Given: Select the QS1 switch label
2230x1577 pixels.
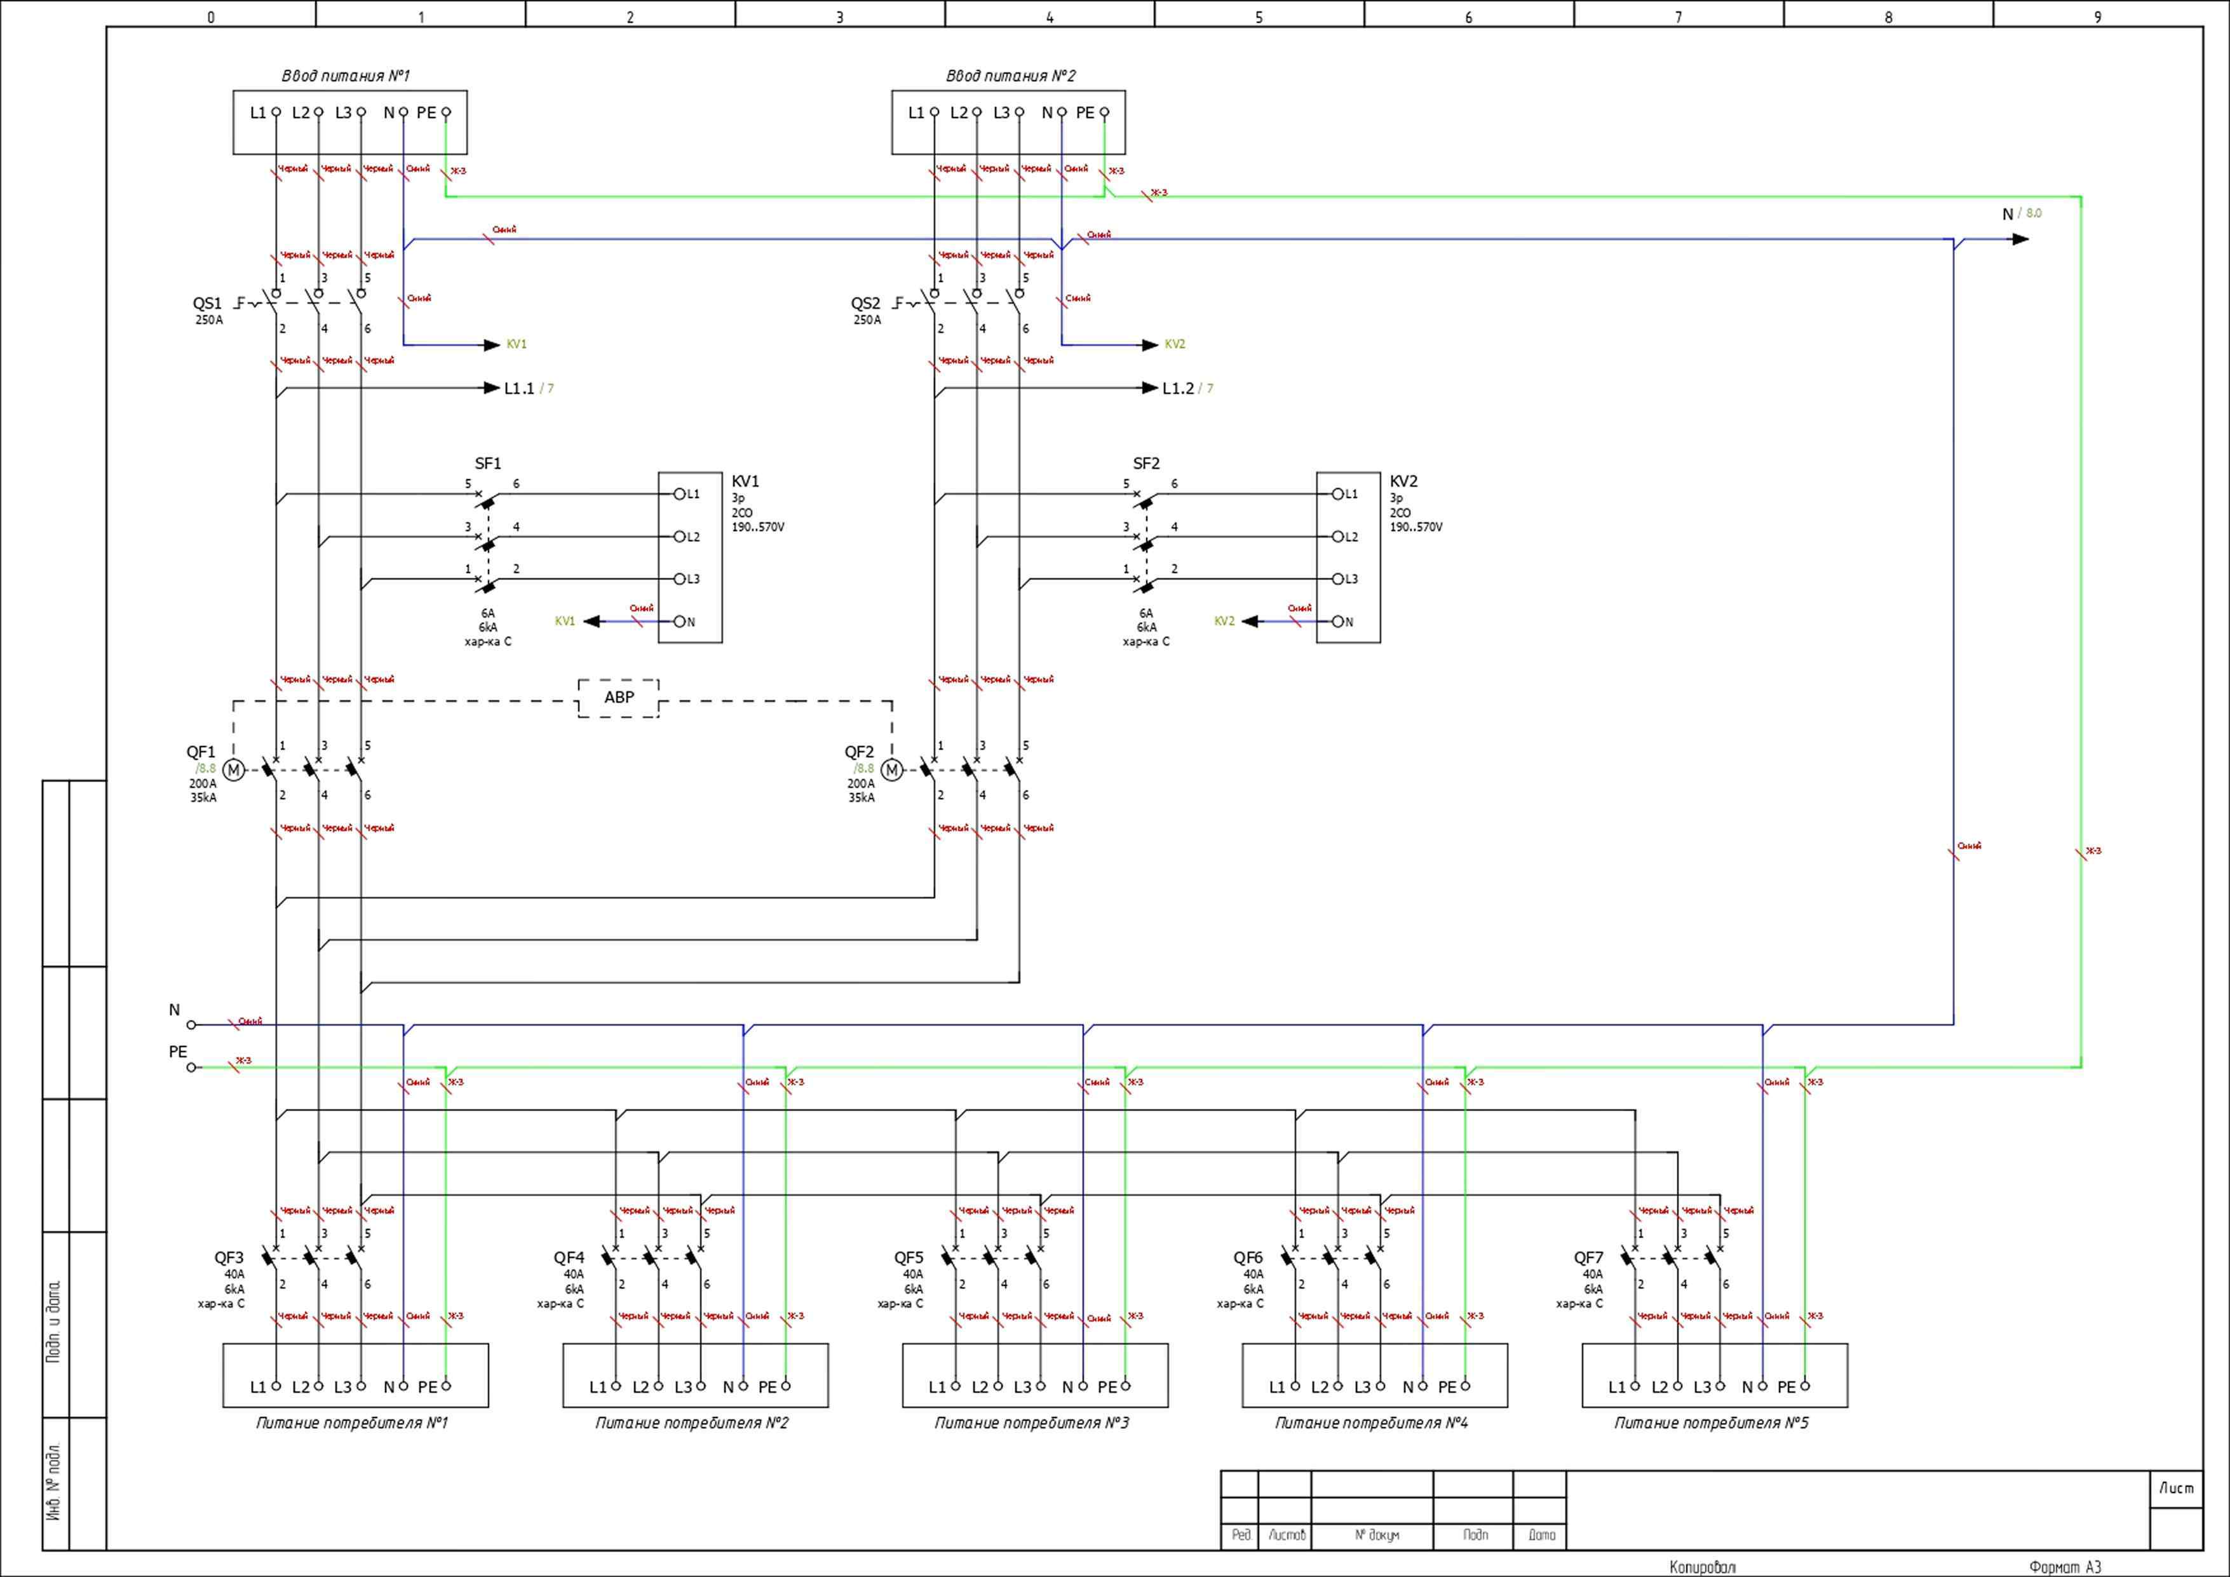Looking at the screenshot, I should pos(207,303).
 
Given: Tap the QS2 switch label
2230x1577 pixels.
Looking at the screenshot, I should pos(865,303).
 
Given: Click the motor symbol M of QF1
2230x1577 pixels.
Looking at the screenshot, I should pos(233,770).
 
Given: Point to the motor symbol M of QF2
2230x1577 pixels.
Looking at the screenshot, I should pos(891,770).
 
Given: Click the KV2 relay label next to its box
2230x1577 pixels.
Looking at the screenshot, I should pos(1403,482).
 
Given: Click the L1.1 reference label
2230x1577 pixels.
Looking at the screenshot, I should pos(520,388).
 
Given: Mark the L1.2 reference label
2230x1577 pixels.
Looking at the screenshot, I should pos(1178,388).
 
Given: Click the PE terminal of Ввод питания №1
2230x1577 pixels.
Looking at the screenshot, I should pos(446,112).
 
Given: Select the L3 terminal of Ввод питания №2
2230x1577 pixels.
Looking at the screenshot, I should pos(1019,112).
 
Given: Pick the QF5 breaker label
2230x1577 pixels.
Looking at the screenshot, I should pos(909,1257).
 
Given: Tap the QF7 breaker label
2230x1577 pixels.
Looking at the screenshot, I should pos(1589,1257).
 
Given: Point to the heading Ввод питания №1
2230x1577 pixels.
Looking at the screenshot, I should pos(346,76).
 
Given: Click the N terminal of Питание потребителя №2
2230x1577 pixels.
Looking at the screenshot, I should pos(743,1386).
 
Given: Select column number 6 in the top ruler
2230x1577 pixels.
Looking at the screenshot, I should pos(1468,17).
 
